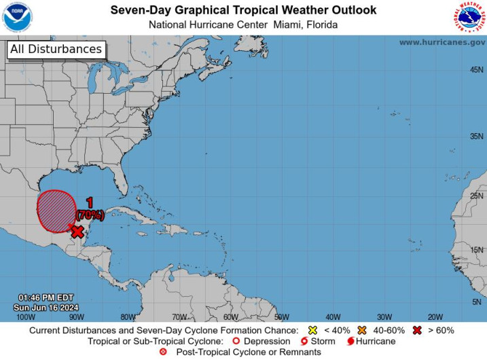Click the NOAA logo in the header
17,18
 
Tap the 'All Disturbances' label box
56,49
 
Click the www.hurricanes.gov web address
441,42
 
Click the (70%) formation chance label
90,215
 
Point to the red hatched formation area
56,211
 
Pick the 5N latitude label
477,302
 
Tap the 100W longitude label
25,317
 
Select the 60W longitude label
230,317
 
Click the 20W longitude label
435,317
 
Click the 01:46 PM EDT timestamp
46,298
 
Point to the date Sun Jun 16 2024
46,307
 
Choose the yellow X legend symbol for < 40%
313,330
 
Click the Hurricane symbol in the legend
350,341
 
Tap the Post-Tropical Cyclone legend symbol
162,352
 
